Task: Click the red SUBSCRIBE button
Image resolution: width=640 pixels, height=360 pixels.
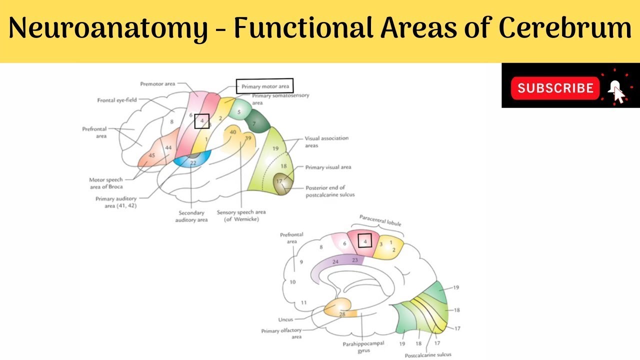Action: coord(555,88)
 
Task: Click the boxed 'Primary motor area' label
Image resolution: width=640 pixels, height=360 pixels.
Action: coord(265,86)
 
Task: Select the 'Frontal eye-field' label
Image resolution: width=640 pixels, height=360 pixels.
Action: coord(117,100)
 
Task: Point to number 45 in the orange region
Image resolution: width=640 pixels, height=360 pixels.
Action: coord(152,155)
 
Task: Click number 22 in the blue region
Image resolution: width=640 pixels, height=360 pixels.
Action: coord(193,162)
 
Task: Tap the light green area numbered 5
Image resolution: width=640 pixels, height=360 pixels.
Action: coord(239,111)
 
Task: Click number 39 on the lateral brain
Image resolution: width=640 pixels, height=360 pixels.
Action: coord(247,138)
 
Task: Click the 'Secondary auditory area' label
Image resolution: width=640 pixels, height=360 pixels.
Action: coord(191,215)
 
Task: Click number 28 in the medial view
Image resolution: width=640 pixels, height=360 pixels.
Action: coord(342,314)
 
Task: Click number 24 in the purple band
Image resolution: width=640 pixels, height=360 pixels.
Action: coord(335,261)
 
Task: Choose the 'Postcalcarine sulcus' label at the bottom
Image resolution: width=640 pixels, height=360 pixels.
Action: coord(427,354)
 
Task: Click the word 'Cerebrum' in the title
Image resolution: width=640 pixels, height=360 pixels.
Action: coord(565,28)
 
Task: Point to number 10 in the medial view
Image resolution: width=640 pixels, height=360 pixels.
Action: coord(292,282)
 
